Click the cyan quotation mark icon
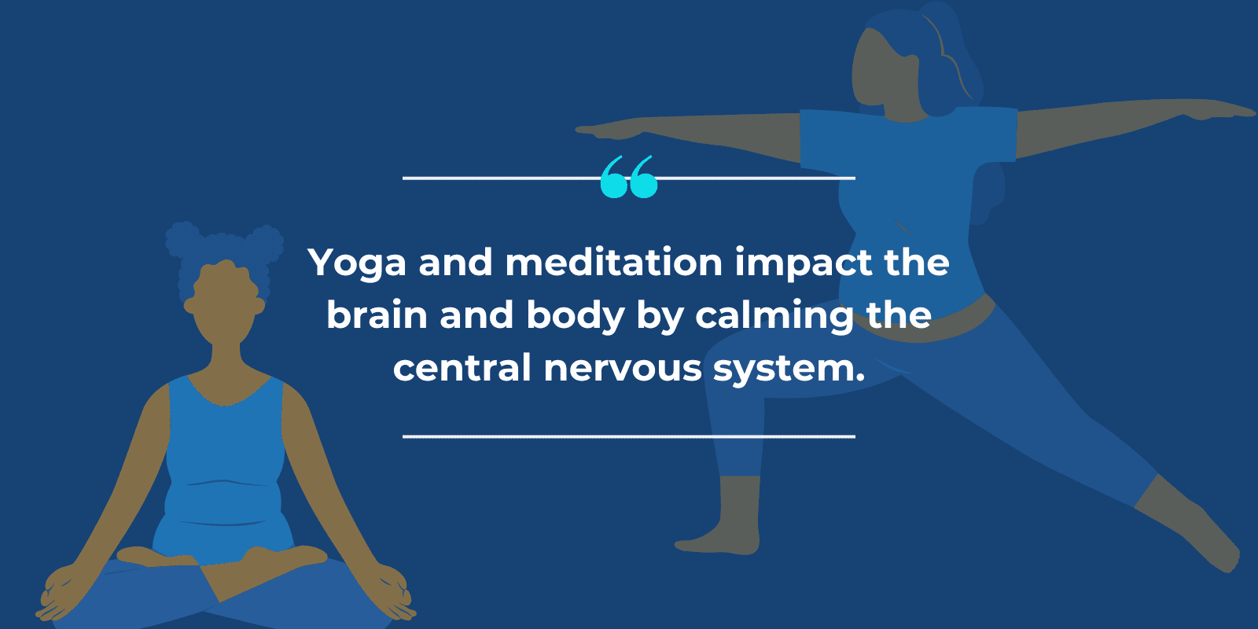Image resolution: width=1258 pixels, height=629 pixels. (628, 177)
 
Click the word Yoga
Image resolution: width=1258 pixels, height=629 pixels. (358, 263)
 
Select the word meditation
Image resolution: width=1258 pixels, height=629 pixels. (614, 262)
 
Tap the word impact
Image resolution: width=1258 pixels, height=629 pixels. (803, 263)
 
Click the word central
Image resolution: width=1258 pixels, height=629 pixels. (462, 368)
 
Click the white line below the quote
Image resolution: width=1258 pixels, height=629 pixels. (628, 436)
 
